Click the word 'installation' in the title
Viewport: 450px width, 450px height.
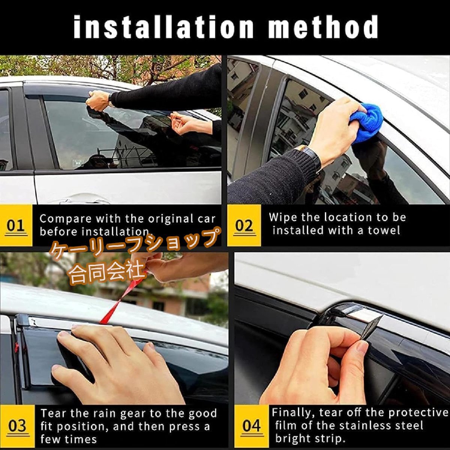coord(163,27)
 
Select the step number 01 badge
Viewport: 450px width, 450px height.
coord(16,226)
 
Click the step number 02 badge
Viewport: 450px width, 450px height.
coord(244,226)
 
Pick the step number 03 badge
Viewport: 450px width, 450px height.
coord(17,426)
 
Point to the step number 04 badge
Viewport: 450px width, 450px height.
coord(252,426)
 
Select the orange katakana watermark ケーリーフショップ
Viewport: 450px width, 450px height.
coord(135,243)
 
